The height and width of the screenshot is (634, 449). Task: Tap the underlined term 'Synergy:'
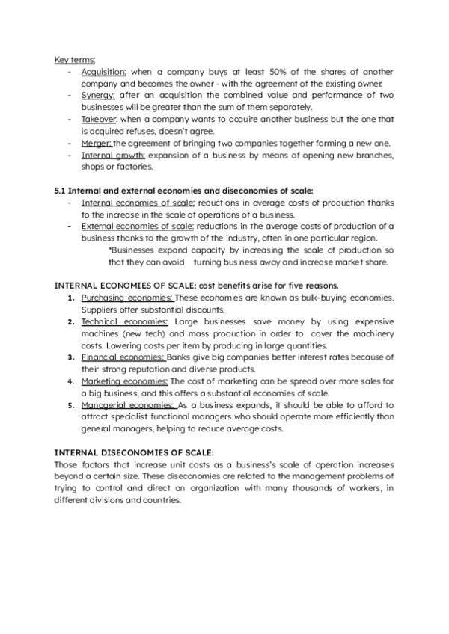point(98,96)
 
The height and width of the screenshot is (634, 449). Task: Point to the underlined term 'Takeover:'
point(99,119)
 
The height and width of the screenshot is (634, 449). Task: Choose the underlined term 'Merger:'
point(96,143)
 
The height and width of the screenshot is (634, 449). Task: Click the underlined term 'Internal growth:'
point(114,155)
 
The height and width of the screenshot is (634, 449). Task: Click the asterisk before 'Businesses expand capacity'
point(109,250)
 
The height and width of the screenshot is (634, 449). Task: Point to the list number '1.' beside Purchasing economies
point(71,298)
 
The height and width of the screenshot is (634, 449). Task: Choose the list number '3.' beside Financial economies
point(71,357)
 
